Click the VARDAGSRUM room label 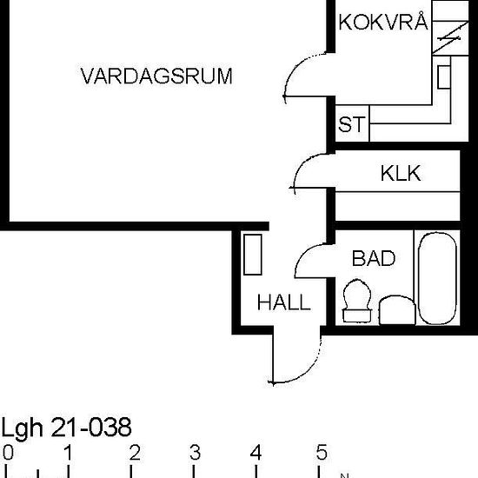(x=156, y=76)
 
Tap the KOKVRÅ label (x=382, y=23)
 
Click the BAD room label (x=374, y=258)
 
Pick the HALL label (x=283, y=302)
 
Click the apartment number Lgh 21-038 (x=67, y=428)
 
